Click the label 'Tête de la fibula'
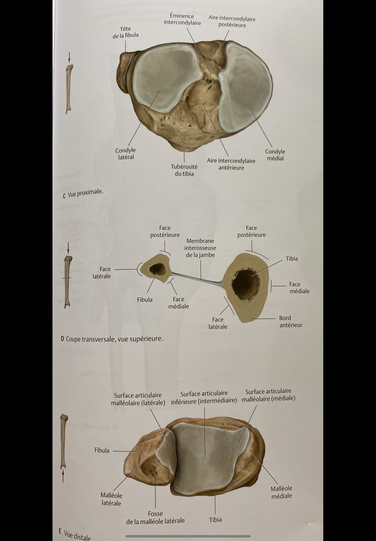click(x=125, y=32)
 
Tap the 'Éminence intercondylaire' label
click(x=182, y=19)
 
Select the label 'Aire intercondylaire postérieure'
click(x=232, y=22)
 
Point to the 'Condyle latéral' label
click(x=125, y=154)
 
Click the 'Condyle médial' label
click(x=275, y=155)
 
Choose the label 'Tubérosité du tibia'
click(x=184, y=170)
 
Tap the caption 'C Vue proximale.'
click(x=83, y=194)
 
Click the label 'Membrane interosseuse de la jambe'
click(x=200, y=248)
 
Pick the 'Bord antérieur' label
click(x=291, y=322)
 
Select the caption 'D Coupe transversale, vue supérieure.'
click(x=112, y=338)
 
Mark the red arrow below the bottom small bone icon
click(x=63, y=476)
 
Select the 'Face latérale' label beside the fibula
click(x=102, y=272)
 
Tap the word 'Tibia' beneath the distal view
click(x=215, y=520)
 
